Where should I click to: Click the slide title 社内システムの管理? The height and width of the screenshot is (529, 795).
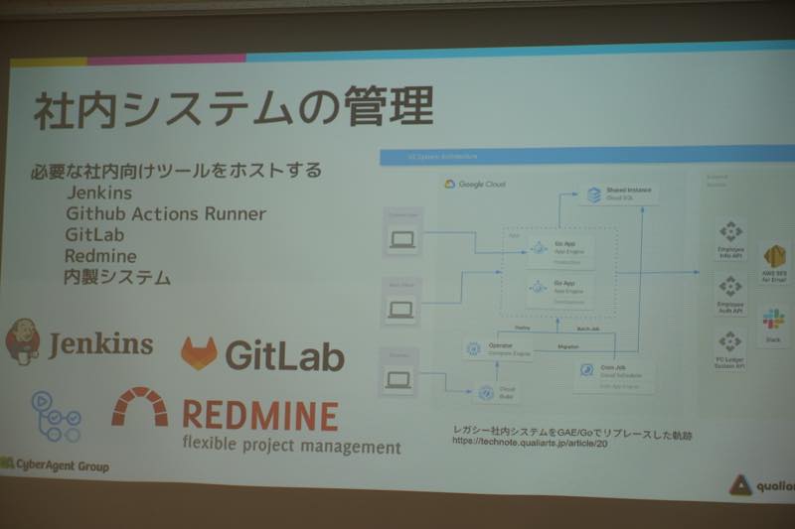pos(233,108)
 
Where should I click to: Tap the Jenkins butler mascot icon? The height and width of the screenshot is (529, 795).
pos(23,341)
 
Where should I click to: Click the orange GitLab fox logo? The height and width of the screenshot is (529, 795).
pos(199,353)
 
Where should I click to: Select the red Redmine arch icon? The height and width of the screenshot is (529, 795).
pos(139,405)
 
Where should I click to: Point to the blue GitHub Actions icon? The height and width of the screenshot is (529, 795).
pos(56,416)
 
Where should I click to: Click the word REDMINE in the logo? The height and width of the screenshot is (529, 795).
pos(260,415)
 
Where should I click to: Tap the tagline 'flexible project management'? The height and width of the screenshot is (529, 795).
pos(291,446)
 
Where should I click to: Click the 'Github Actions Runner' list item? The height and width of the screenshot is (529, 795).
pos(166,213)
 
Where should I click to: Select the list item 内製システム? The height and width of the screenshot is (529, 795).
pos(117,277)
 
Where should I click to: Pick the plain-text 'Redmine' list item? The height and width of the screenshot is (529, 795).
pos(99,256)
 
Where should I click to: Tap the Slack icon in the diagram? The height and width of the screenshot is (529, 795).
pos(773,320)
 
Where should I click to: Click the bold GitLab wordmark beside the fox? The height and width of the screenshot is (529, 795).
pos(284,354)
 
